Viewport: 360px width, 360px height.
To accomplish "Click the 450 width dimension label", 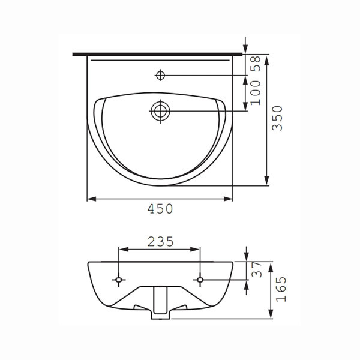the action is [160, 209].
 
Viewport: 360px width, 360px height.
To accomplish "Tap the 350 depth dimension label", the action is [277, 118].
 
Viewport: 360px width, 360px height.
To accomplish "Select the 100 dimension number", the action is [256, 93].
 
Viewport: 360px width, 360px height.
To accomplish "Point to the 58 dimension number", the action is [256, 64].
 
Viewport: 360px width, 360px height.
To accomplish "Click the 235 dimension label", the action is [160, 242].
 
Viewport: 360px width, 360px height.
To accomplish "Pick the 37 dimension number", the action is [257, 269].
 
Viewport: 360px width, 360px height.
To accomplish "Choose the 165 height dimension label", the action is [281, 289].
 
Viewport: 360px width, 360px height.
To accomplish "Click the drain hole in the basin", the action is [160, 111].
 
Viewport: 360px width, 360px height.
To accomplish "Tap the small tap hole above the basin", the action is [160, 75].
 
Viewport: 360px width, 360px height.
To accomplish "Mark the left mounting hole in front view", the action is [118, 280].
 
